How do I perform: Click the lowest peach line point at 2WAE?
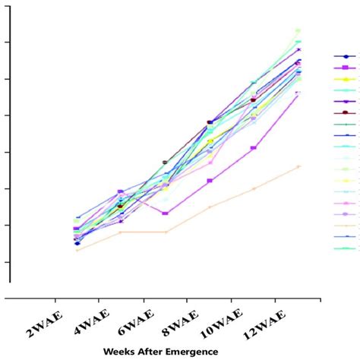[77, 250]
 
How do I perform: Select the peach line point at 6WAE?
[166, 232]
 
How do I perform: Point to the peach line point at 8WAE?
[210, 207]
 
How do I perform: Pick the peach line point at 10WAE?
[254, 188]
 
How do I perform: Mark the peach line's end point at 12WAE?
[298, 166]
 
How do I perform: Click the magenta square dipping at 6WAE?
[166, 213]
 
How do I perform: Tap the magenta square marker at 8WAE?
[210, 181]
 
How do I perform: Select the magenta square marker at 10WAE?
[254, 147]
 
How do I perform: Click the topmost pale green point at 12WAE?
[298, 30]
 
